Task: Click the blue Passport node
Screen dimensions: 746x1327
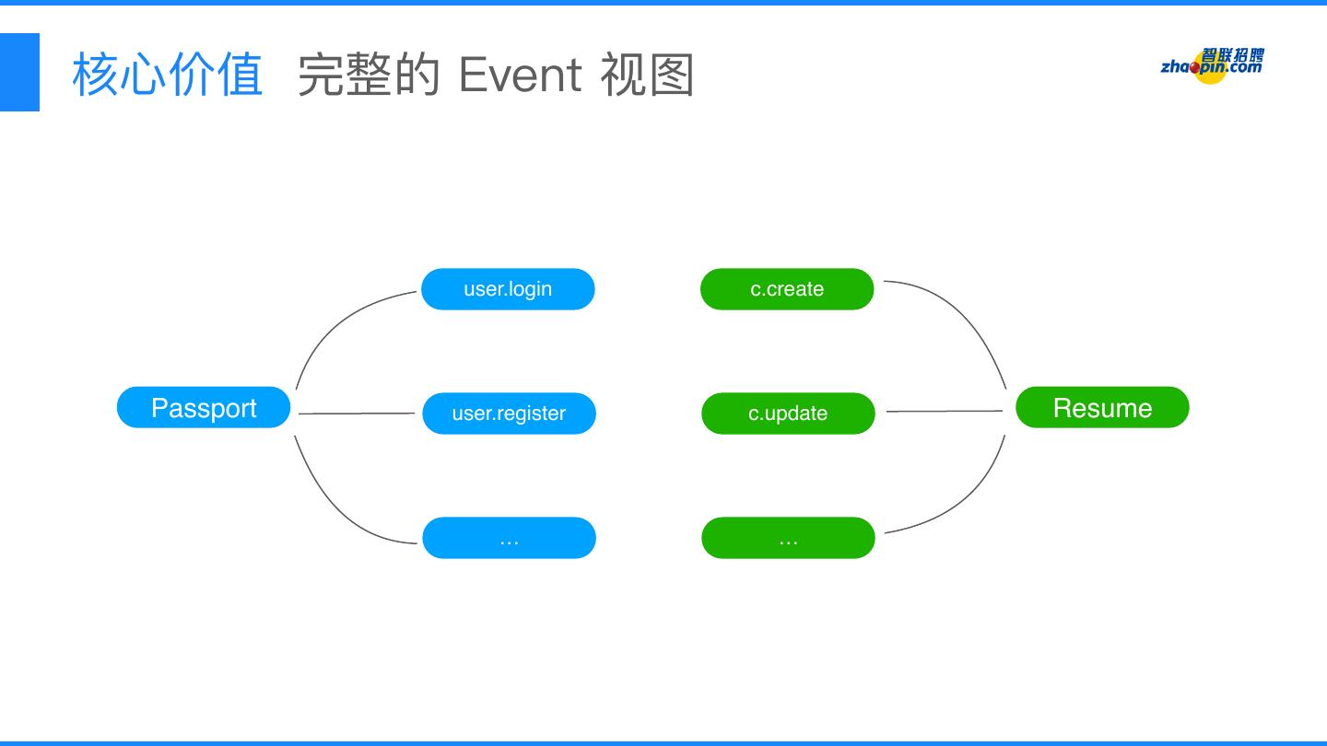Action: tap(204, 407)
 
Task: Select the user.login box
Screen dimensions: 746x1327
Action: tap(508, 289)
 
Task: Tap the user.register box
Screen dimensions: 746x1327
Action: tap(509, 414)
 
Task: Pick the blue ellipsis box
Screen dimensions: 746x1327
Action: tap(509, 538)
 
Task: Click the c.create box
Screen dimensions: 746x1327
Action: tap(787, 289)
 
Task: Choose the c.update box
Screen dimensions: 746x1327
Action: tap(788, 414)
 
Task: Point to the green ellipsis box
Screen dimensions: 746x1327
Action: tap(788, 538)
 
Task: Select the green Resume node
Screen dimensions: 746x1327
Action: tap(1102, 407)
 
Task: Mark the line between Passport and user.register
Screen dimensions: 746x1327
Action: tap(357, 414)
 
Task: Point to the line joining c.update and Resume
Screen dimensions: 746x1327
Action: tap(945, 411)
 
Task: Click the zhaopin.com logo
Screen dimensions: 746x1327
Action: tap(1212, 65)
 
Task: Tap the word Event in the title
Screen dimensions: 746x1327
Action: tap(520, 75)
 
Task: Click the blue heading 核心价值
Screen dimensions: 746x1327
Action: tap(168, 75)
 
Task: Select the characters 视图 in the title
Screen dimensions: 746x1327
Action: tap(647, 75)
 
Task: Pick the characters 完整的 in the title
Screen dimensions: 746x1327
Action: tap(369, 75)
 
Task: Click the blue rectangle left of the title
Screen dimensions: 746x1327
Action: tap(19, 72)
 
